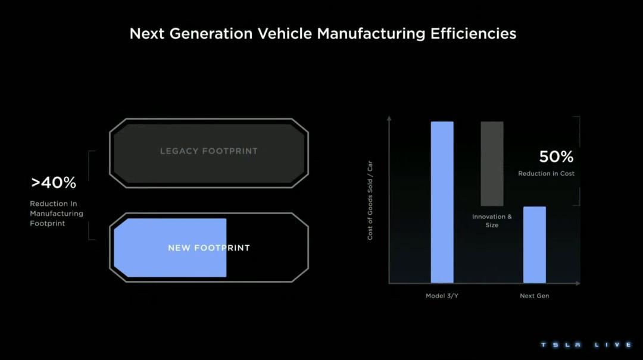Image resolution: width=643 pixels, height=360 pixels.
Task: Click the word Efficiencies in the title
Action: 473,34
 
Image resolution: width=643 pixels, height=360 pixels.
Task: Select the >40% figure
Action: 54,183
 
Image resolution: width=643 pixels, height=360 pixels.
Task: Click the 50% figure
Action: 556,156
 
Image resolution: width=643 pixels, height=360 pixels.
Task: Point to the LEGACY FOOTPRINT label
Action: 209,151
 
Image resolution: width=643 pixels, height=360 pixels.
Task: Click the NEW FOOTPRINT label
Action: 209,248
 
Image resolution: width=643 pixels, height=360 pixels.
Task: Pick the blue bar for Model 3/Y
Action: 442,202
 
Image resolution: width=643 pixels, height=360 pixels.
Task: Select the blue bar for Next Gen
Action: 534,245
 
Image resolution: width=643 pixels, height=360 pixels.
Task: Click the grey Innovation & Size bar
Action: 492,164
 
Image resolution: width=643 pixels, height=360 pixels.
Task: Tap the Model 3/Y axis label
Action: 442,296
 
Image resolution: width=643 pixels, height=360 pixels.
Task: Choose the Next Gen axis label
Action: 534,296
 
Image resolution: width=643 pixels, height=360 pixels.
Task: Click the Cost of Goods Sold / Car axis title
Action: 370,200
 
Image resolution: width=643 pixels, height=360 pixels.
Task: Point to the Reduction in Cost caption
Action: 546,173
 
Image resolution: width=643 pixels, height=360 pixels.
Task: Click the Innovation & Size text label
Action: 492,221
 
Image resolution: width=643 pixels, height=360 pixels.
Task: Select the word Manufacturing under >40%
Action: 57,213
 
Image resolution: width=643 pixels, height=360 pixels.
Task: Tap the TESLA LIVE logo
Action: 586,345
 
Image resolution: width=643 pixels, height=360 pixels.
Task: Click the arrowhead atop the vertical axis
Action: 389,118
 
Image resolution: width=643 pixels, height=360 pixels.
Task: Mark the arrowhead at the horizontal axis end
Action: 578,283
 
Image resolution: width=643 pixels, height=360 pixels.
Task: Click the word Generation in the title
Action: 211,34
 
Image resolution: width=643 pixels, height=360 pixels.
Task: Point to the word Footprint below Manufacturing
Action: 48,224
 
